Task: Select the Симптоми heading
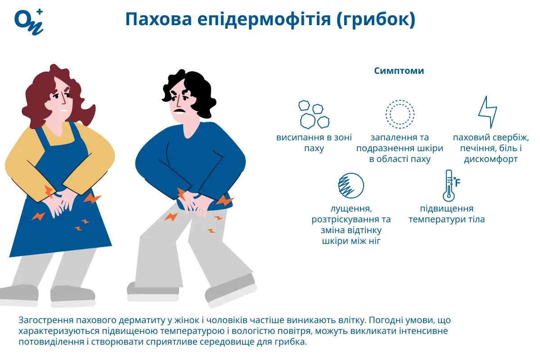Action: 399,71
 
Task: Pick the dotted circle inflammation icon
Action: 400,114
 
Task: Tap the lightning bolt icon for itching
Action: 487,112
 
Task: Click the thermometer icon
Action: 448,185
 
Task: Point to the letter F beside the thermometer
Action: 458,182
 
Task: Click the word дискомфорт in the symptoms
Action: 490,159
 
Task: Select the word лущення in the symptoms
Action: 351,209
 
